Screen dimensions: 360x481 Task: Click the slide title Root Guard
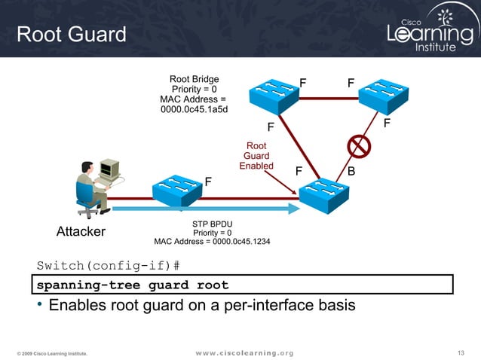pos(72,35)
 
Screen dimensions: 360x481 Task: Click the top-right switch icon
pos(382,96)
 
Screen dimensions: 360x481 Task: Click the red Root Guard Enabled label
pos(256,156)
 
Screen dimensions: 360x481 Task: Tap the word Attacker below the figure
pos(81,231)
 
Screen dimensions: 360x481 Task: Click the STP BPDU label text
pos(212,224)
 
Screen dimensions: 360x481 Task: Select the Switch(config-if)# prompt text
pos(109,266)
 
